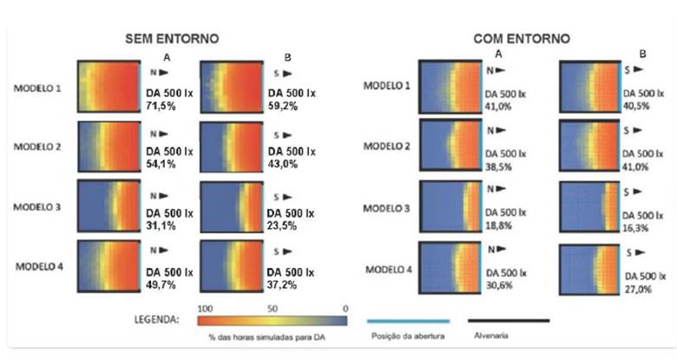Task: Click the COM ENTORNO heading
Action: click(x=522, y=39)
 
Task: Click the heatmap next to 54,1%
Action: click(x=108, y=148)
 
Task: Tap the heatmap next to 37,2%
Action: click(x=230, y=266)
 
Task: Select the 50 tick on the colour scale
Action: click(x=271, y=308)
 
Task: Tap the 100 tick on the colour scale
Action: click(x=206, y=308)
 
